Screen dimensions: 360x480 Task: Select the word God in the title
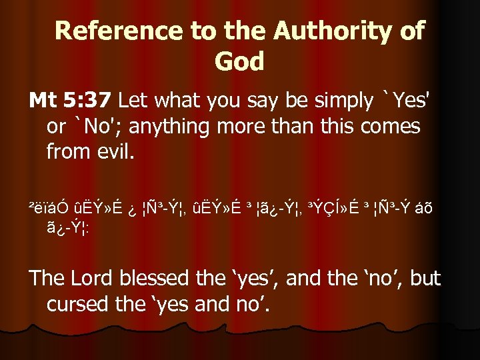point(239,61)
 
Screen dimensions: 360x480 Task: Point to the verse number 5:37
point(89,101)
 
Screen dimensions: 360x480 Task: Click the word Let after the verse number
point(133,101)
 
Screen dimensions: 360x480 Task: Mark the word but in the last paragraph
point(425,277)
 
